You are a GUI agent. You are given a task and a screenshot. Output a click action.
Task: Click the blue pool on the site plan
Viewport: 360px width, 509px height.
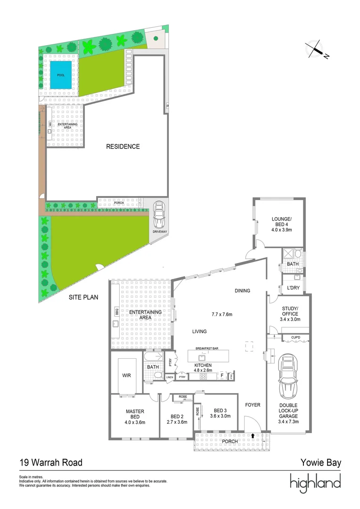tap(61, 74)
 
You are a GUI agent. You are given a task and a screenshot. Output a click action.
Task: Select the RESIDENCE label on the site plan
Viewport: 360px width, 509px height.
tap(123, 147)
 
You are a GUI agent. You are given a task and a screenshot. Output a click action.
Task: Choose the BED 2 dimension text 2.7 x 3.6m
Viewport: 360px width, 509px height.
tap(177, 422)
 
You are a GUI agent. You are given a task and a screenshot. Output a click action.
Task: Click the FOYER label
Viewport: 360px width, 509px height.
tap(253, 404)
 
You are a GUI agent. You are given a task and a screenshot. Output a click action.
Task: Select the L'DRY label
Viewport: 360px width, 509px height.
tap(289, 287)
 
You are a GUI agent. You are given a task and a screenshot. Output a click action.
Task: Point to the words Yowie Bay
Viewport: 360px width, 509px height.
tap(320, 463)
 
